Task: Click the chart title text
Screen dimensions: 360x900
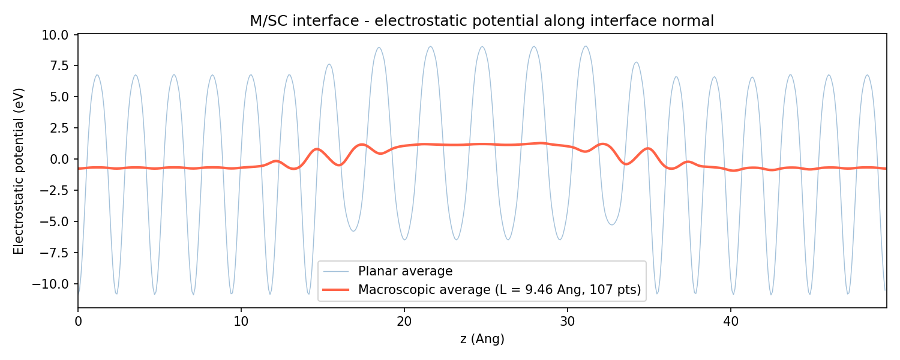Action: click(482, 21)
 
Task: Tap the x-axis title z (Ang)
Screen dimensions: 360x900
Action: click(482, 339)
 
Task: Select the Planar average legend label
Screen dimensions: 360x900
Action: click(405, 271)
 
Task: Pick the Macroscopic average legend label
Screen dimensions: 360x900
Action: click(499, 290)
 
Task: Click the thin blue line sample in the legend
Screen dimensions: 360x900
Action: click(336, 271)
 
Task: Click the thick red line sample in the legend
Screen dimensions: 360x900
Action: click(336, 290)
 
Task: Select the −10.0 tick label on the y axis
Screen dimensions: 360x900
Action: click(58, 284)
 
